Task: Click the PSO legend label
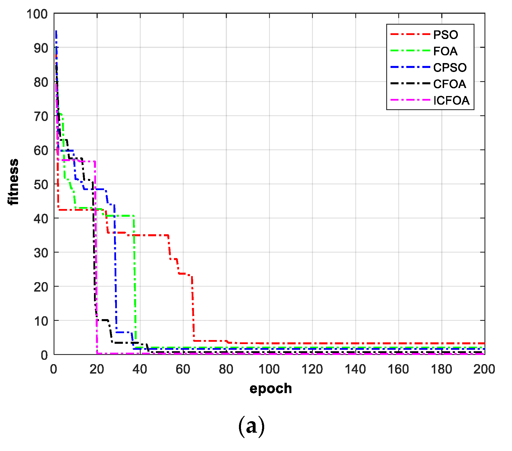point(446,35)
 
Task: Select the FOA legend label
point(445,51)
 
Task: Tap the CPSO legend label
point(450,68)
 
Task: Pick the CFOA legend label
point(450,84)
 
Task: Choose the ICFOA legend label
point(452,101)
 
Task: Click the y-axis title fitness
point(13,182)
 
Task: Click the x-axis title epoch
point(270,389)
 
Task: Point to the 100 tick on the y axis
point(37,14)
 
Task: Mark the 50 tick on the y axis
point(41,184)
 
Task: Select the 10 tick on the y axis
point(41,321)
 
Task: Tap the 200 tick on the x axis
point(484,369)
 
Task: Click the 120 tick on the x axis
point(312,369)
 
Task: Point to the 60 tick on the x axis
point(183,369)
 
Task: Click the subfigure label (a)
point(251,426)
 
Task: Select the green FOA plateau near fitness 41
point(120,216)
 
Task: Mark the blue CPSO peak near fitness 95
point(56,32)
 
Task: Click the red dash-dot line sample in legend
point(410,35)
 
